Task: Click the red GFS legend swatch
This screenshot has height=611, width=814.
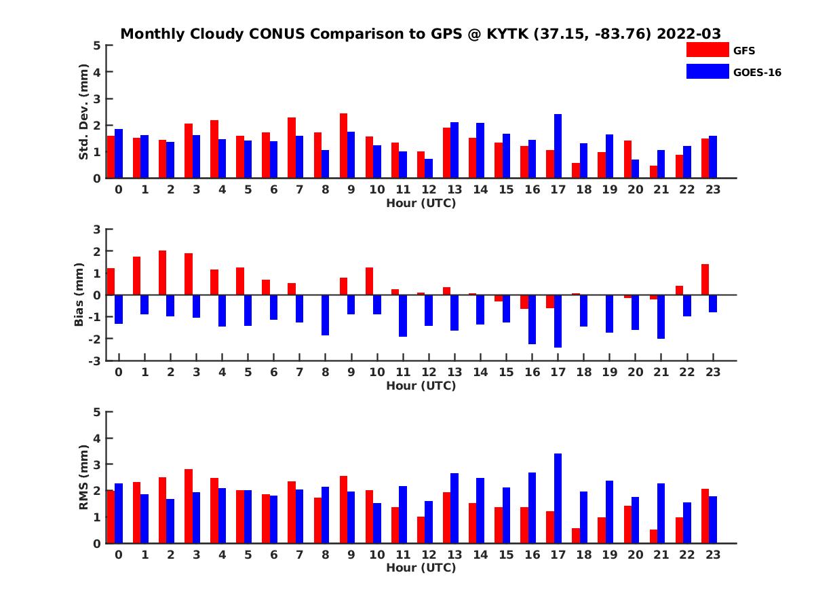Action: pos(707,50)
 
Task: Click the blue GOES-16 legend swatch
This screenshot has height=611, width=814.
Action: pos(707,71)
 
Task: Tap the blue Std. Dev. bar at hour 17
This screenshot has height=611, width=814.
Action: pos(558,146)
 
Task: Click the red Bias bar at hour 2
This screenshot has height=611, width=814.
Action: pos(163,273)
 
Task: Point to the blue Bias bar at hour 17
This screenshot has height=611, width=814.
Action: pos(558,321)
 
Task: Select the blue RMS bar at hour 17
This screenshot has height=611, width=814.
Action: pos(558,498)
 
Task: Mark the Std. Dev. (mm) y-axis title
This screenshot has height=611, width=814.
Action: pos(84,112)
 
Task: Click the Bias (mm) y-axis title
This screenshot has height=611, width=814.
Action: pos(79,295)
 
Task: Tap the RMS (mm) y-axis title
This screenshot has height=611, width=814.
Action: pos(84,477)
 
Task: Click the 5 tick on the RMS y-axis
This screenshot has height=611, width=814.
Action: pos(98,411)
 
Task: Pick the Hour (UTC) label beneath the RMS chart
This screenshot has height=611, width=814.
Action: pos(421,568)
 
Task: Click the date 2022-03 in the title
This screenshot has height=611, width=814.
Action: pos(689,34)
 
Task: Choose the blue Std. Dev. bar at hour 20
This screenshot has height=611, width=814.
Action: pos(635,169)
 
